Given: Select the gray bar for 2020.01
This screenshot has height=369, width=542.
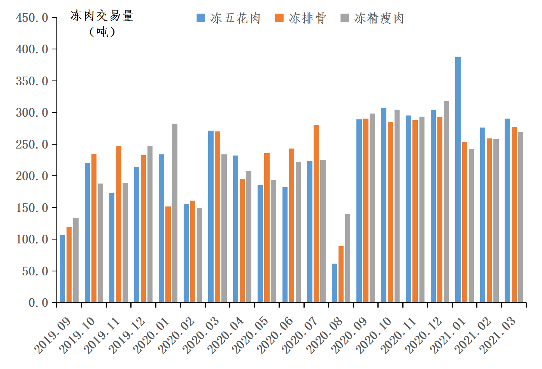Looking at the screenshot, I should [175, 213].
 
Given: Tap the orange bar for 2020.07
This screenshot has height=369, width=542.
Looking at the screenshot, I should [316, 214].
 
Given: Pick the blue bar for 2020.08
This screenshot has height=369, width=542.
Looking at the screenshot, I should [334, 283].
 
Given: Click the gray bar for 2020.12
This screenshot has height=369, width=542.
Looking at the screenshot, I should [446, 202].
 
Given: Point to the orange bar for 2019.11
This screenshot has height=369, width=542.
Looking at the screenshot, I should [119, 224].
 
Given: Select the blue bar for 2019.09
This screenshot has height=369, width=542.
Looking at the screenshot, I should [62, 269].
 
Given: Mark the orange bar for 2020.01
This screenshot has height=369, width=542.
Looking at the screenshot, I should [168, 254].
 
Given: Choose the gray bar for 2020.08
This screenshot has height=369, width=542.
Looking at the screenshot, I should [347, 258].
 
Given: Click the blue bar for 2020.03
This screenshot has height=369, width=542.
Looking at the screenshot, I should [211, 217].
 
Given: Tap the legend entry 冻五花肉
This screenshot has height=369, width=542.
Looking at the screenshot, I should [229, 18].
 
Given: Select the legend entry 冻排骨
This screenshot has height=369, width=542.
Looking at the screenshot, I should [301, 18].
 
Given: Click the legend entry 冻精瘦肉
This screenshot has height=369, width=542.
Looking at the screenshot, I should [372, 18].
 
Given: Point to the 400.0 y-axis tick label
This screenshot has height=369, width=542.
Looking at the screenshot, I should [32, 49].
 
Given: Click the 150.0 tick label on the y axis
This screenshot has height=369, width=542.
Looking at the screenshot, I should [32, 208].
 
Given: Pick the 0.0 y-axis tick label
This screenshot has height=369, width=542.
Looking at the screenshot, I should [38, 303].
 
